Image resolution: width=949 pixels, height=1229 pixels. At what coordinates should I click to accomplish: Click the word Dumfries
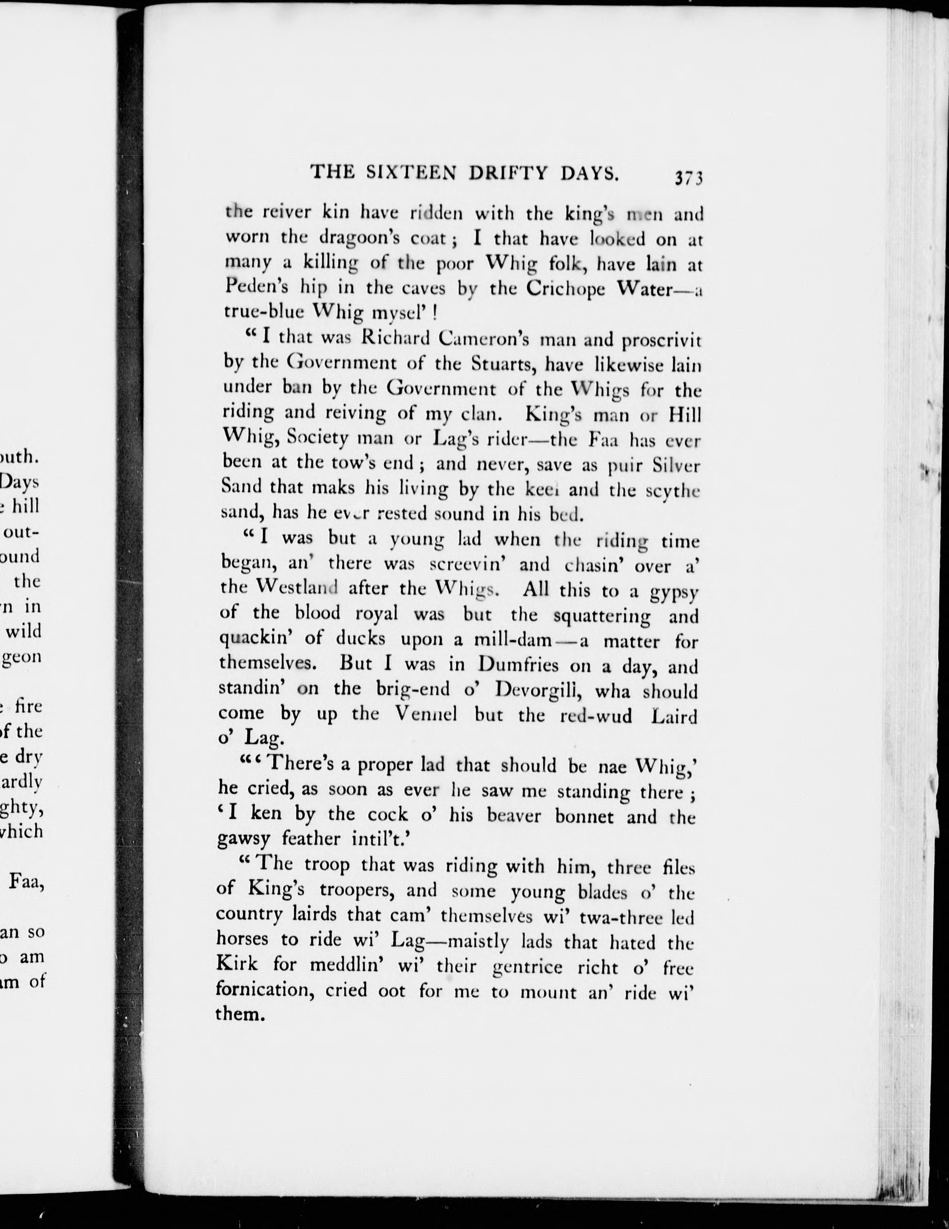pyautogui.click(x=518, y=665)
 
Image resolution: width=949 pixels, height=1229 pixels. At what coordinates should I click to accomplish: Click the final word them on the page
pyautogui.click(x=240, y=1014)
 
